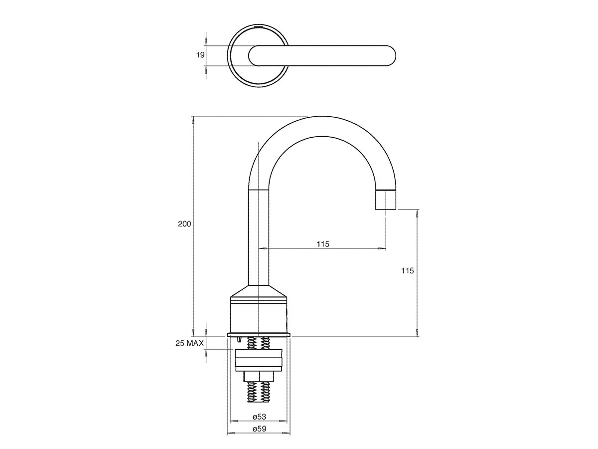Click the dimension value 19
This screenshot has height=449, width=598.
coord(200,55)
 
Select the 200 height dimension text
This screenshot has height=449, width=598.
coord(185,224)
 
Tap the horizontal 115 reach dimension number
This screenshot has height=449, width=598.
coord(323,244)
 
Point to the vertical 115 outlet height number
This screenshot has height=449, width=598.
coord(407,271)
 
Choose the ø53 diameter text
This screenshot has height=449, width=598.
coord(258,416)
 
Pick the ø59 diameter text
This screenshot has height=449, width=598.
coord(258,429)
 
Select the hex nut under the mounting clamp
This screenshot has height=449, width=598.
coord(258,377)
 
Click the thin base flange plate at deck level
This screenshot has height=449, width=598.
coord(258,334)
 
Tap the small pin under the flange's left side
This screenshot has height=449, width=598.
coord(240,340)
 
